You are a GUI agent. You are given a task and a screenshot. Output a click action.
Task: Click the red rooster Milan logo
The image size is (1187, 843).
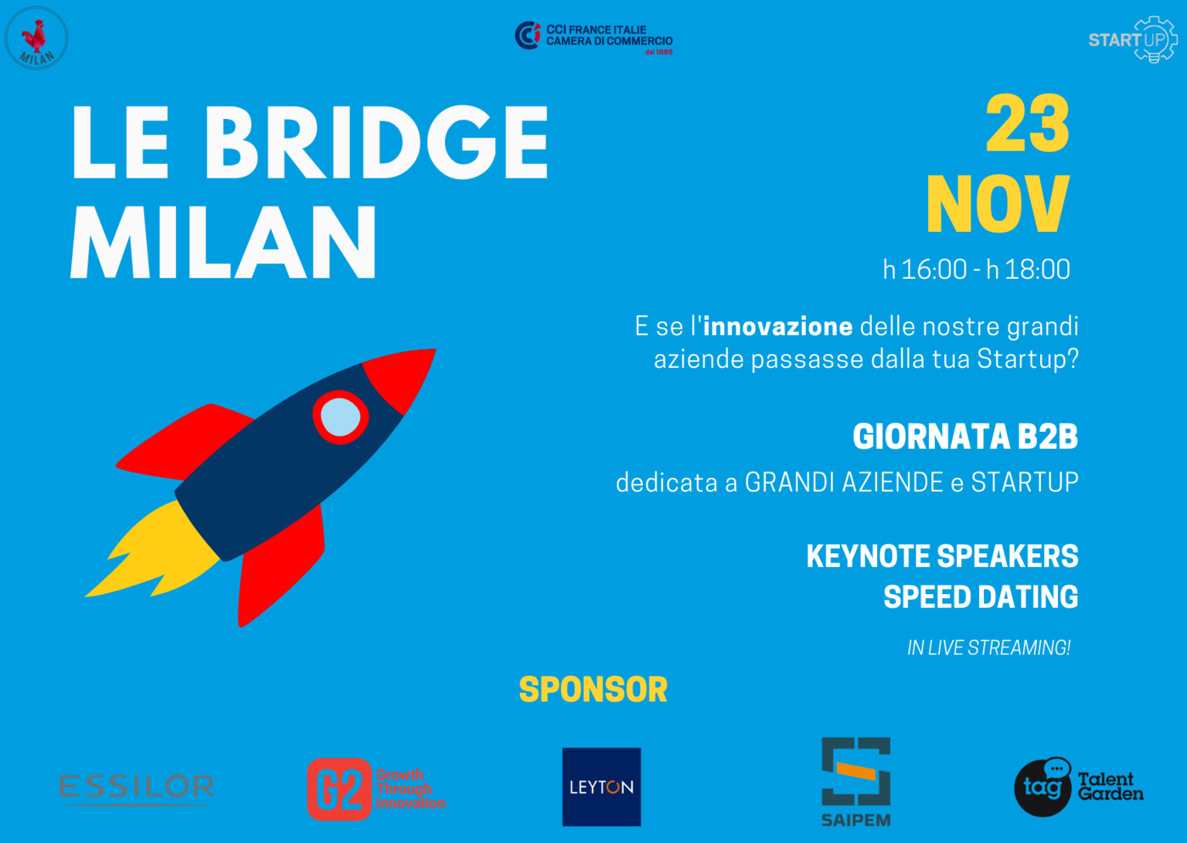36,38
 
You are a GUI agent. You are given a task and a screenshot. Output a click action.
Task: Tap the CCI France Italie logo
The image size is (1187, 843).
593,38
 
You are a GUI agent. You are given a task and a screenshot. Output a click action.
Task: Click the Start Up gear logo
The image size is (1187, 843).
1133,39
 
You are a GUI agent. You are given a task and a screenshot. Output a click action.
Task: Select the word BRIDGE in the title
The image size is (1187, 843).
376,142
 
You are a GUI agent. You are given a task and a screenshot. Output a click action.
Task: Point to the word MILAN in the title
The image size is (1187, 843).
223,242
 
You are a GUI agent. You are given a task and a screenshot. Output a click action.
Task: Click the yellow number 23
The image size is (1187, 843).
1028,124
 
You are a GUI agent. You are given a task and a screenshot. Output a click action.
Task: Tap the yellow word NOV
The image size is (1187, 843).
998,204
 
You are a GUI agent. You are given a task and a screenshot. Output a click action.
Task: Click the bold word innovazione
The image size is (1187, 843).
778,326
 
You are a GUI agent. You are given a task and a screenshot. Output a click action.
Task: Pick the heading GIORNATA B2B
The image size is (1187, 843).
965,437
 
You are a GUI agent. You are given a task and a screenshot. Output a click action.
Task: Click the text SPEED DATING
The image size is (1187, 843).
981,597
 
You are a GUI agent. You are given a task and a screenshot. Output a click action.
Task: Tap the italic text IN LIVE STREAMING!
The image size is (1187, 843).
989,648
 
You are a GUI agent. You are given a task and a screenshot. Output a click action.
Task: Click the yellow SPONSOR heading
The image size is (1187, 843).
593,689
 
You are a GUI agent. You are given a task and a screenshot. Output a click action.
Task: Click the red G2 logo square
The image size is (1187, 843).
339,790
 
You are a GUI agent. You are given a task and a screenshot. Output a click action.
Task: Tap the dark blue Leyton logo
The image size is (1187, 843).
601,787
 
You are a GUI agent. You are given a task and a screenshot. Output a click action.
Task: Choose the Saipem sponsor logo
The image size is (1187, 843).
855,782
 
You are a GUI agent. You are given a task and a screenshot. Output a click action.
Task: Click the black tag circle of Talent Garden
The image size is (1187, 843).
1042,788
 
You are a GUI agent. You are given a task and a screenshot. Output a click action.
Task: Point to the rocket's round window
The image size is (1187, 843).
340,417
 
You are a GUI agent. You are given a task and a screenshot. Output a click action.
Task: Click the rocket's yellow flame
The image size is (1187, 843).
154,552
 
